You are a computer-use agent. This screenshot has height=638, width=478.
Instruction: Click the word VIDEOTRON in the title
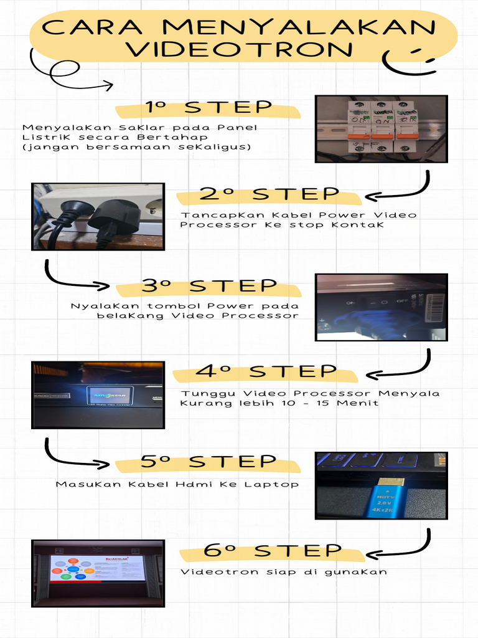pos(239,49)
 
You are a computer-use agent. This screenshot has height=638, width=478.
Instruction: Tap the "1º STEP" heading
pos(209,107)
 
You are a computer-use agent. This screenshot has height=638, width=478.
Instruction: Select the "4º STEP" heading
pos(266,371)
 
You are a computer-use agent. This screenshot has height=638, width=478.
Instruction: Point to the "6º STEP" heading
pos(273,550)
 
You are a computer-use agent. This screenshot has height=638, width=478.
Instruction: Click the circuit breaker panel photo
pos(382,129)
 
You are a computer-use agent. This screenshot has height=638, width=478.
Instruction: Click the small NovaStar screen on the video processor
pos(110,396)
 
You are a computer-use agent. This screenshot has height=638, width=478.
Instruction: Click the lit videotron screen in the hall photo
pos(98,568)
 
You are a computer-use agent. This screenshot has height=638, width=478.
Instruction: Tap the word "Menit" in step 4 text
pos(357,403)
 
